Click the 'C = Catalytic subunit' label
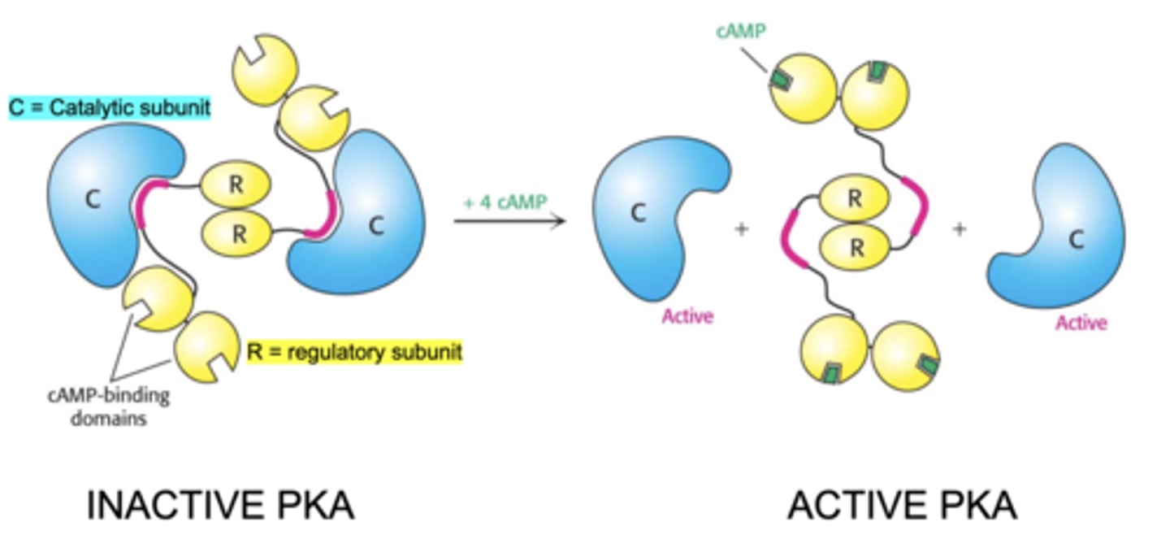[x=110, y=106]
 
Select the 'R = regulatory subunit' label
[x=354, y=351]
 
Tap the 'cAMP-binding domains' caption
[x=108, y=407]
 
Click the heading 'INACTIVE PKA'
[x=220, y=506]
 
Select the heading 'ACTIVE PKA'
[x=902, y=506]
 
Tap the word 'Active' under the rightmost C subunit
[x=1081, y=323]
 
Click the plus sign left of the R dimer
[x=740, y=230]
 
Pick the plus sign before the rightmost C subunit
[x=960, y=230]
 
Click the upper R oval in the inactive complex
[x=236, y=185]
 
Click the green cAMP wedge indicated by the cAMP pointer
[x=781, y=79]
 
